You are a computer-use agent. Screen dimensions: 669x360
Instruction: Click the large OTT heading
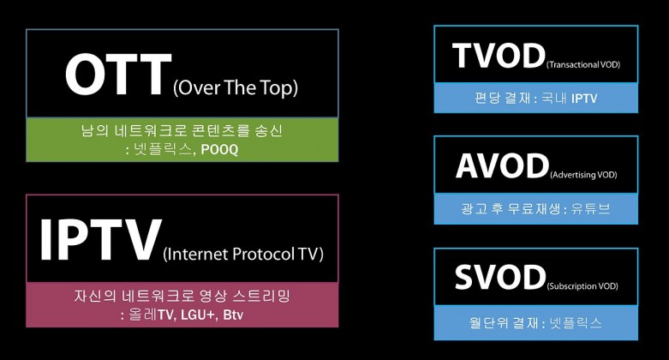118,75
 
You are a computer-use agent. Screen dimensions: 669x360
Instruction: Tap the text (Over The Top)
236,87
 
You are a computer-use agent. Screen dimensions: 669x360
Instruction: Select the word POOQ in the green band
219,149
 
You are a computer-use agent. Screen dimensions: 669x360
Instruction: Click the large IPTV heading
101,240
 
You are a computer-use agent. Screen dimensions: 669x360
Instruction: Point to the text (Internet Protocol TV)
243,254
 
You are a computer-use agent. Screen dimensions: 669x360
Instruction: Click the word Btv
233,315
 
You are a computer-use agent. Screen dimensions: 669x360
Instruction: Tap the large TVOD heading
499,56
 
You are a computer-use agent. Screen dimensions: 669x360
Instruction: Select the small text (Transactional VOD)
583,64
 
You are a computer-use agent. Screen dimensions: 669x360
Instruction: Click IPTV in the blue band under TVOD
584,99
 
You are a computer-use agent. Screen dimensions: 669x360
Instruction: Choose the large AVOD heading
502,165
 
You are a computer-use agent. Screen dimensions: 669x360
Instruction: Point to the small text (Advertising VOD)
583,175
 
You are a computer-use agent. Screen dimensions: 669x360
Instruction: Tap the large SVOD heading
500,277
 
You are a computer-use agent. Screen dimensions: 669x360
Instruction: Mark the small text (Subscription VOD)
582,286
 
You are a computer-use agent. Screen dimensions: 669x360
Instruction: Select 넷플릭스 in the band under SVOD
576,322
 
